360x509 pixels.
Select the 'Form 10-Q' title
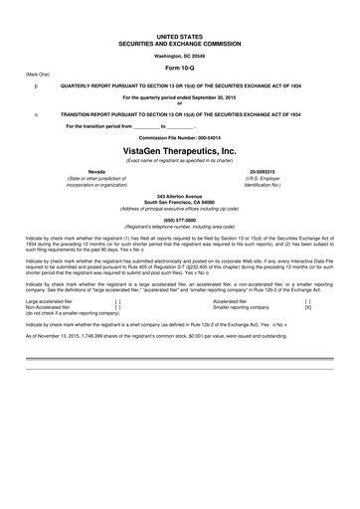point(179,68)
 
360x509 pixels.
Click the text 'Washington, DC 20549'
point(179,54)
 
